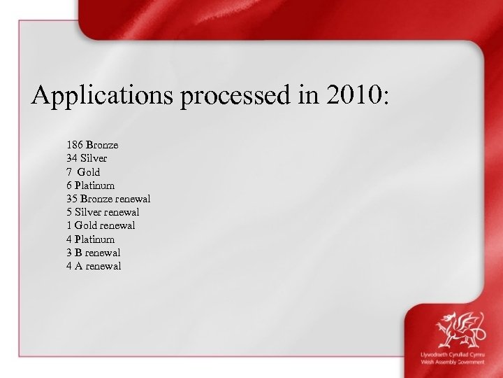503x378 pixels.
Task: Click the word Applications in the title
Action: pos(103,96)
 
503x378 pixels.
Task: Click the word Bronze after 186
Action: pos(102,145)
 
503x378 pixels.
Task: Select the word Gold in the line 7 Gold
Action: pos(89,171)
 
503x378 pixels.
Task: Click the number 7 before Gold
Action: pos(70,171)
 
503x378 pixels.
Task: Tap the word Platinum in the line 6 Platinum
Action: pos(95,185)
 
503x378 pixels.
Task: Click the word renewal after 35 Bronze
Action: pos(133,199)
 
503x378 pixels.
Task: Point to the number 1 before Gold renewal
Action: pos(69,225)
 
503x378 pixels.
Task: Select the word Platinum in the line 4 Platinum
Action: pos(95,239)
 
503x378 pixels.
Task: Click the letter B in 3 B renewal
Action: pos(79,253)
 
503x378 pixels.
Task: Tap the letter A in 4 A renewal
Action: pos(79,266)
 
